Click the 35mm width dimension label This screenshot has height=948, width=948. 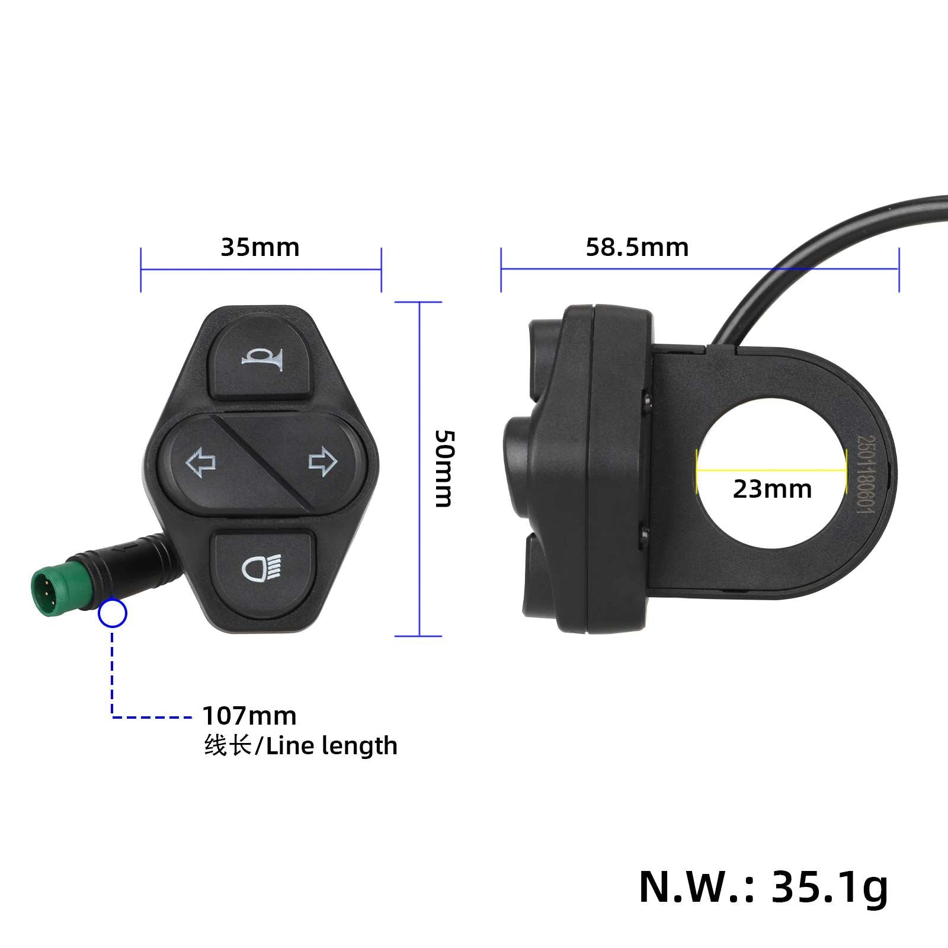pos(260,247)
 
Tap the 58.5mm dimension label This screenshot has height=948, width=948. pos(637,247)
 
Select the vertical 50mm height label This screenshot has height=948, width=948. pos(444,468)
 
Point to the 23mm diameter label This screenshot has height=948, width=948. pos(772,489)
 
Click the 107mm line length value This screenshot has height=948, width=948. pos(249,716)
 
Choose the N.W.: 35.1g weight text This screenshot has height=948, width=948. pos(764,886)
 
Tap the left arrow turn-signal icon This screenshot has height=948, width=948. pos(201,463)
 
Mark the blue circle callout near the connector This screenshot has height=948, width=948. pos(113,614)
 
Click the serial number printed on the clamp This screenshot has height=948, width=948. pos(866,474)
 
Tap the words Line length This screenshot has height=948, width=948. pos(332,746)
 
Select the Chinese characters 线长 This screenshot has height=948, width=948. pos(228,746)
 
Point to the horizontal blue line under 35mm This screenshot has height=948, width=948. pos(261,270)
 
